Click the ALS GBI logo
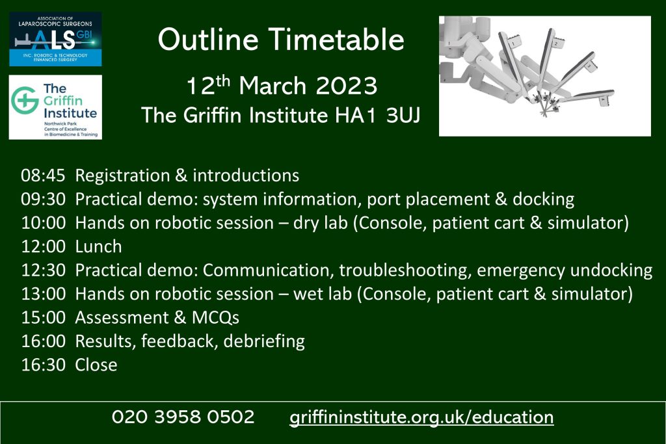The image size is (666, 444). pos(55,39)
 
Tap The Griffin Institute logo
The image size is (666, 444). pos(55,107)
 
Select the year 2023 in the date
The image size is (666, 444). pos(347,86)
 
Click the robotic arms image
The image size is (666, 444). pos(544,76)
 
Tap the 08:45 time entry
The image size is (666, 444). pos(44,176)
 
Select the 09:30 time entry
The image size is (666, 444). pos(44,199)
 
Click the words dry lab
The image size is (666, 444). pos(320,223)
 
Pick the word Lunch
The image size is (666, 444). pos(99,246)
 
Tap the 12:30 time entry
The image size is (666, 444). pos(44,270)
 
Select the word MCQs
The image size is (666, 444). pos(216,317)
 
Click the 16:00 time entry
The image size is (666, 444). pos(44,341)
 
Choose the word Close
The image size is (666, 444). pos(96,365)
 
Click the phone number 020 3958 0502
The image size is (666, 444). pos(183,417)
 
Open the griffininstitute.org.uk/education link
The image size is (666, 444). pos(421,417)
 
